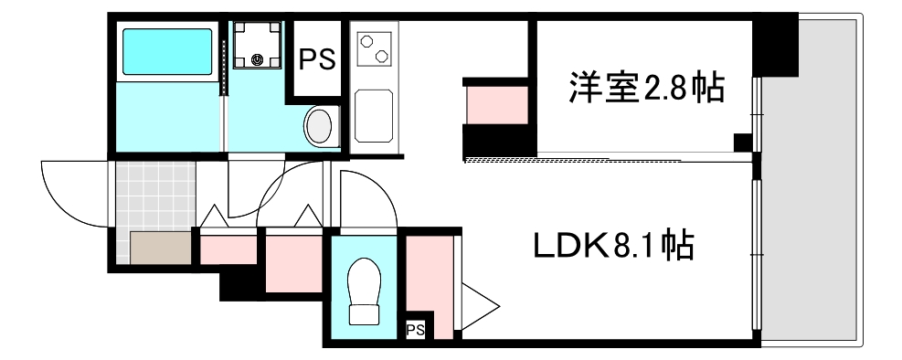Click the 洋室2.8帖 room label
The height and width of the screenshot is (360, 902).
pos(646,90)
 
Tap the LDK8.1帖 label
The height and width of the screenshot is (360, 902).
pos(612,246)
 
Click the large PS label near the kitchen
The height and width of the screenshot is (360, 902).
pos(317,58)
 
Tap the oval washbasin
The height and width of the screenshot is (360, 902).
pos(320,125)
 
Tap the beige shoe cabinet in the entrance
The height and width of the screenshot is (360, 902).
pos(160,248)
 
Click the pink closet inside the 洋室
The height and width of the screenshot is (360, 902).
pos(496,104)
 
